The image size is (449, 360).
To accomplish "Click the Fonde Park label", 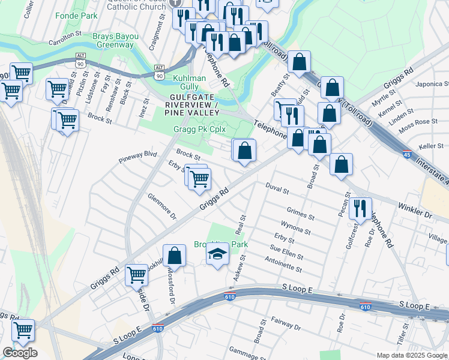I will click(x=76, y=15).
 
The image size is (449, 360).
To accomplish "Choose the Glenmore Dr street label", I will click(x=162, y=206).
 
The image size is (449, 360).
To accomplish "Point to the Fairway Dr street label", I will click(x=286, y=325).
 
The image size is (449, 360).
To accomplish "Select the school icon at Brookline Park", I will click(x=217, y=254).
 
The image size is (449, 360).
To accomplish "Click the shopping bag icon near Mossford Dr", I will click(x=175, y=255).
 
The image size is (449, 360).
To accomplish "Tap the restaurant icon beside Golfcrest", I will click(x=360, y=207).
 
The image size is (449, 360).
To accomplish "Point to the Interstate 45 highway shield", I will click(x=407, y=154).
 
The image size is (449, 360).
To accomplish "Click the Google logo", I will click(x=20, y=353).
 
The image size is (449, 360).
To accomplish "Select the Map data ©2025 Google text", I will click(x=412, y=355).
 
